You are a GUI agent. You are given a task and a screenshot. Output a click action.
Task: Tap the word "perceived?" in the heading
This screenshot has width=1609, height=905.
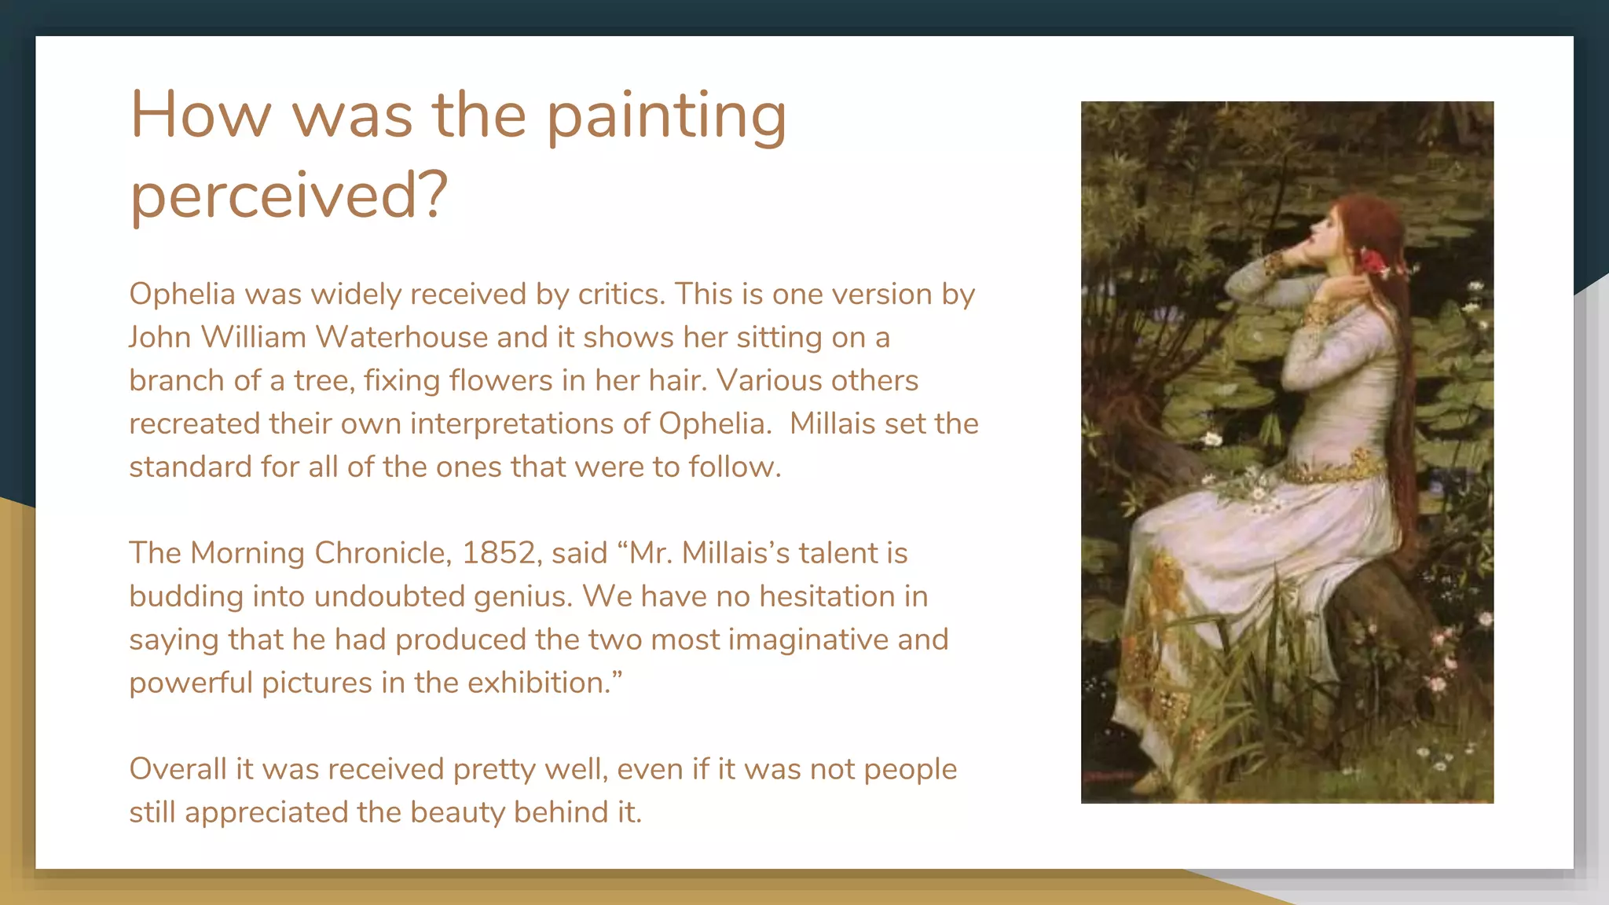pos(288,196)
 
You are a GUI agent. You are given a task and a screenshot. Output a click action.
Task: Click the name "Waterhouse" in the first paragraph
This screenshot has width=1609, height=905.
pos(401,337)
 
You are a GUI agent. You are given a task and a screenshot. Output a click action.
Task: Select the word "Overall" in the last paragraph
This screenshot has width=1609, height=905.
pos(178,769)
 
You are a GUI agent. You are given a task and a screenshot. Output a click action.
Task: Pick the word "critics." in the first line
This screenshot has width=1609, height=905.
pos(621,294)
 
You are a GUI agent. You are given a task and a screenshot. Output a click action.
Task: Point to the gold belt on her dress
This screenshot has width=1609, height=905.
pos(1336,469)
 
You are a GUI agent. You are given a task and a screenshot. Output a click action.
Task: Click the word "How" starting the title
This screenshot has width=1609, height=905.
pos(200,116)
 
